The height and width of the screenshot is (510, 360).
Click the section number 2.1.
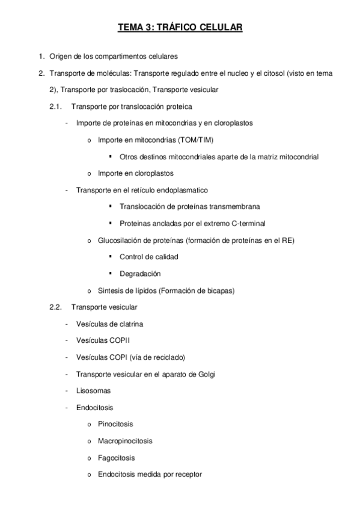[55, 106]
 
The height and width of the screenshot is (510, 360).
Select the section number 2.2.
[55, 307]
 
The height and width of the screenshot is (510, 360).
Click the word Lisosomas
[93, 390]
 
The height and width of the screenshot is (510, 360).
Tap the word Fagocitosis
[116, 457]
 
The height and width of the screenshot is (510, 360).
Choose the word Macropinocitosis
[125, 440]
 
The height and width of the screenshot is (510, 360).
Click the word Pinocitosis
[115, 423]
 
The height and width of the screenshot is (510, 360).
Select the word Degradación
[140, 274]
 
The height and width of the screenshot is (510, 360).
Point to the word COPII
[118, 340]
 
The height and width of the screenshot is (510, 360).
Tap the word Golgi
[205, 373]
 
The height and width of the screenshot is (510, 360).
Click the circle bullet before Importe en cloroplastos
[89, 174]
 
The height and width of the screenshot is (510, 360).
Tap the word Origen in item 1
[59, 57]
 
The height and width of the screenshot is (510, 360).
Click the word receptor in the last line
[188, 474]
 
